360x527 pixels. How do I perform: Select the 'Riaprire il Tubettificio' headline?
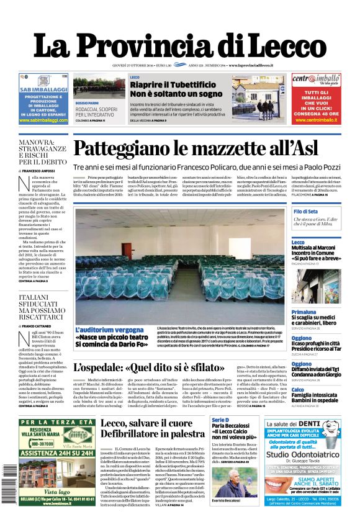[x=176, y=84]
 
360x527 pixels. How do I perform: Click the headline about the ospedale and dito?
[x=148, y=367]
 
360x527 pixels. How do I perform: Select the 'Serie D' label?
[x=220, y=420]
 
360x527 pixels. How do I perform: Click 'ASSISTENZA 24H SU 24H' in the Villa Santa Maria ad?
[x=56, y=453]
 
